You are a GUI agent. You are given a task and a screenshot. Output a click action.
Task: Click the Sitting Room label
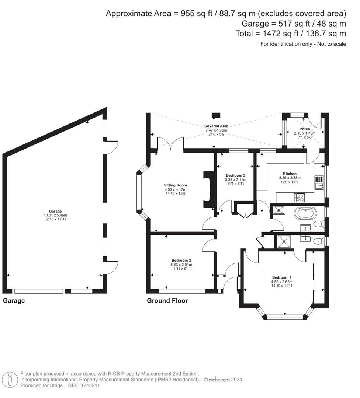click(176, 185)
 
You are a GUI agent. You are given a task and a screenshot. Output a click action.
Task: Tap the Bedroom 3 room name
click(235, 175)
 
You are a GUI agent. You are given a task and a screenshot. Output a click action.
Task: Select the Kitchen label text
click(290, 174)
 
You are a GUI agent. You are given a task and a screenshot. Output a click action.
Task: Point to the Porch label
click(305, 129)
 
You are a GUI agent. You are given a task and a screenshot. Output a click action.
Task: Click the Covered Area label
click(216, 126)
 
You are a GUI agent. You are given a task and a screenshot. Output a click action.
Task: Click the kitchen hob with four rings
click(299, 198)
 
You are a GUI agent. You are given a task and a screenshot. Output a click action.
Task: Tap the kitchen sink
click(319, 183)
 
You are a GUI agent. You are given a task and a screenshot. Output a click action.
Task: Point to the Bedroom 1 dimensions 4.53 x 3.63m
click(282, 282)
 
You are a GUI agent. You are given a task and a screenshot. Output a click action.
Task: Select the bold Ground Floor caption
click(167, 301)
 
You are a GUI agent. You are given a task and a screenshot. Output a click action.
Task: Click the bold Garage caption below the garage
click(14, 301)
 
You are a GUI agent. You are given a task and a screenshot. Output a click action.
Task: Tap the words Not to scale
click(330, 44)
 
